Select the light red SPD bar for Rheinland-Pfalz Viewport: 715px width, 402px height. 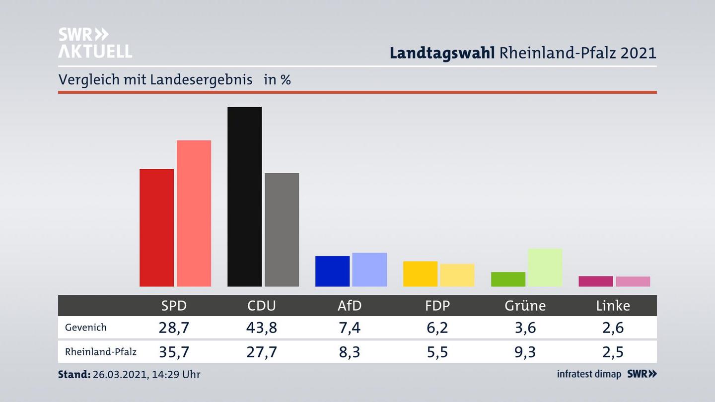[194, 213]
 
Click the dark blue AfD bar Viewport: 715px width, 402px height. [332, 271]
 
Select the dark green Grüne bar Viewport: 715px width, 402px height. [508, 279]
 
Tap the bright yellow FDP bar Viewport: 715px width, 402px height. [420, 273]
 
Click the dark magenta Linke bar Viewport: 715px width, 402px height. [595, 281]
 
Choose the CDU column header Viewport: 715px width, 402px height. [262, 306]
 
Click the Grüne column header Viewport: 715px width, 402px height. [525, 306]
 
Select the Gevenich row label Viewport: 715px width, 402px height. [85, 328]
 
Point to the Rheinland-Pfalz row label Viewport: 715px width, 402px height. [100, 352]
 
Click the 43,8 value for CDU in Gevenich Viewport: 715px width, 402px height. [262, 328]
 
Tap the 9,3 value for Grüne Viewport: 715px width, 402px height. [525, 352]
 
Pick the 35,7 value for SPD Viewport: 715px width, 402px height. [174, 352]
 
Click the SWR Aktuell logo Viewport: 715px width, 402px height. [95, 43]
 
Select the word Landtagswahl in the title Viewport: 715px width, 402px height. [442, 53]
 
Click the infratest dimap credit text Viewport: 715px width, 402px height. [589, 374]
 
